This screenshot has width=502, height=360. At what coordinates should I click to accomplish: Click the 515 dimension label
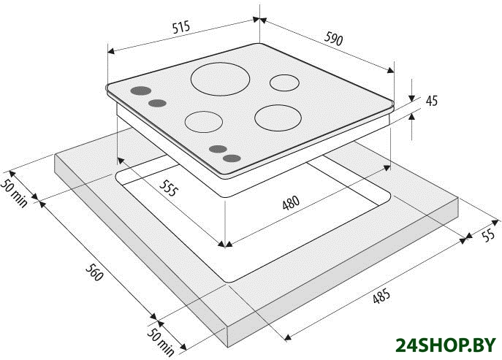pyautogui.click(x=181, y=27)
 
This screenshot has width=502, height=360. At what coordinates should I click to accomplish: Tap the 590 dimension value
pyautogui.click(x=334, y=38)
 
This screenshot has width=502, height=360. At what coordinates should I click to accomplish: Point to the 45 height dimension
pyautogui.click(x=432, y=101)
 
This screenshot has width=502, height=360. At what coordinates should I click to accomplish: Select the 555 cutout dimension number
pyautogui.click(x=168, y=188)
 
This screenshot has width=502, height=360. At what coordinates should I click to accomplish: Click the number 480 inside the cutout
pyautogui.click(x=291, y=202)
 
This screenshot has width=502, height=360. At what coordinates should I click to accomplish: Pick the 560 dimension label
pyautogui.click(x=94, y=272)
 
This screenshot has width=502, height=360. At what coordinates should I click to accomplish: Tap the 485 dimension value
pyautogui.click(x=381, y=296)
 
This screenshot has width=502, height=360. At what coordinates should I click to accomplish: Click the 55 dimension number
pyautogui.click(x=487, y=236)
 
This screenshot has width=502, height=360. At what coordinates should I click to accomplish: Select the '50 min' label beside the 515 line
pyautogui.click(x=15, y=193)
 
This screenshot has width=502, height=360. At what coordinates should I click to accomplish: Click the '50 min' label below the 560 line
pyautogui.click(x=161, y=342)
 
